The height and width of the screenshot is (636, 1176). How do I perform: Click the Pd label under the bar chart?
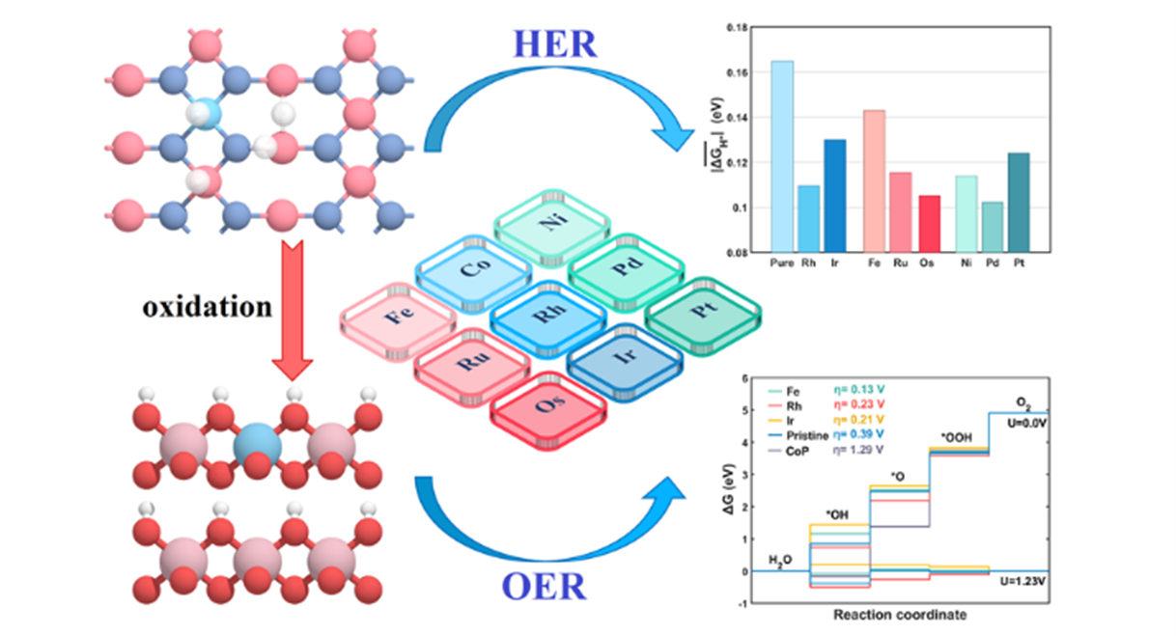pyautogui.click(x=992, y=262)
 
